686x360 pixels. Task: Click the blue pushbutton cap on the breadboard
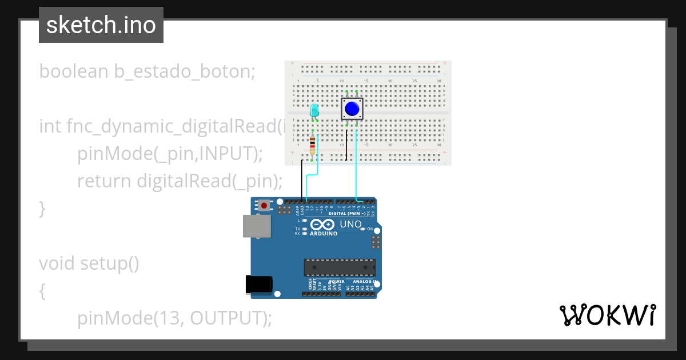coord(352,108)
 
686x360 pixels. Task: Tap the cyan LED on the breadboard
coord(314,111)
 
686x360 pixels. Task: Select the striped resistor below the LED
coord(312,145)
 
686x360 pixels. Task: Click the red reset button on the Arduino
coord(264,205)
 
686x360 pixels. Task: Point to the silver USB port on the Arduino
coord(257,226)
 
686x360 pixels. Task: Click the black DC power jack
coord(258,284)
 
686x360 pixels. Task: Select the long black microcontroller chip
coord(340,267)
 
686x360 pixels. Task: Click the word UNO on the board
coord(350,224)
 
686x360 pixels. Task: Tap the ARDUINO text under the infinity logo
coord(323,234)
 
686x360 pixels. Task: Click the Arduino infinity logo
coord(323,225)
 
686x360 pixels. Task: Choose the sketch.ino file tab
coord(101,25)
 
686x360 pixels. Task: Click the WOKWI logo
coord(607,315)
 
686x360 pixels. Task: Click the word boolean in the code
coord(73,71)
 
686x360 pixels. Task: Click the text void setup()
coord(89,263)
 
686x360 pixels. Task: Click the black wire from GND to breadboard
coord(302,180)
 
